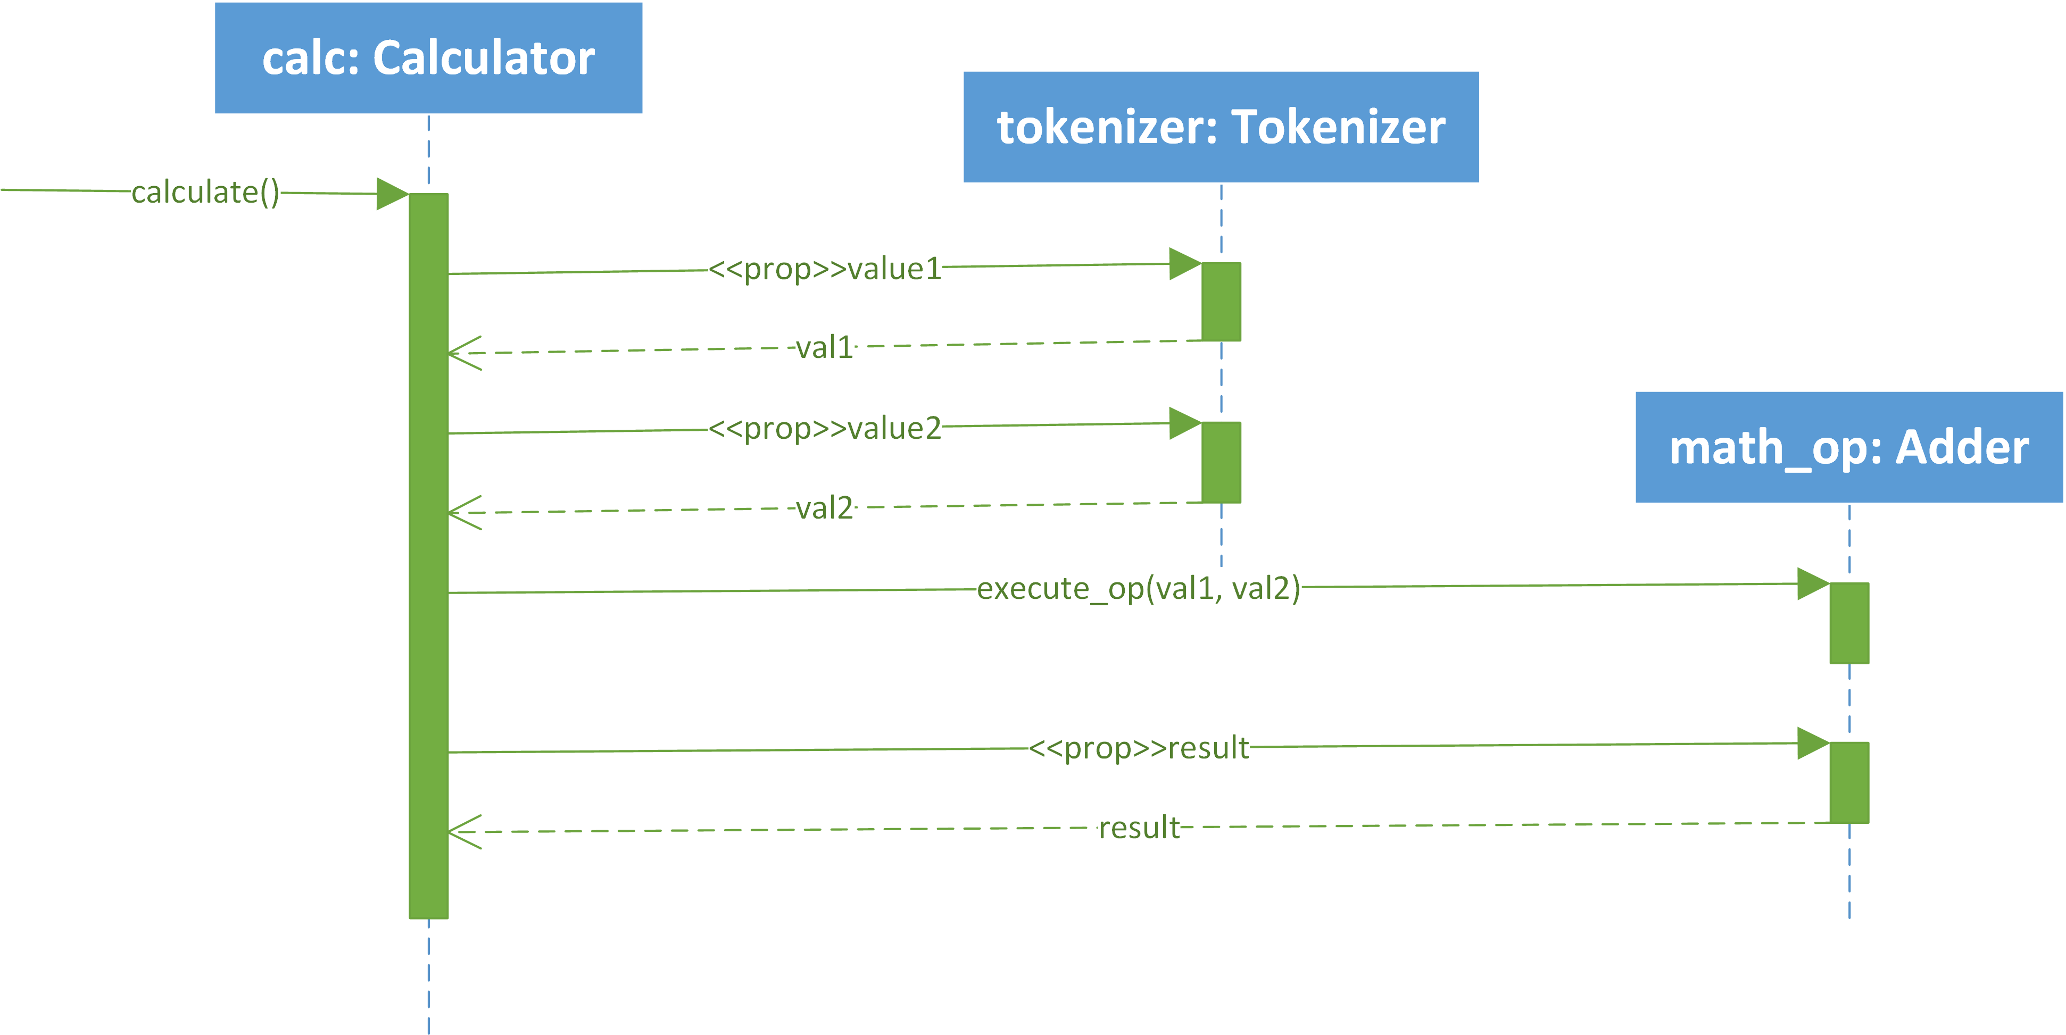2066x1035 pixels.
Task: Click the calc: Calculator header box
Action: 428,58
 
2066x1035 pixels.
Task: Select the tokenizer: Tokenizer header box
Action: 1221,127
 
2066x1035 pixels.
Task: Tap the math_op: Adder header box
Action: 1849,447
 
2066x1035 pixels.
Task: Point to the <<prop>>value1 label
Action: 825,269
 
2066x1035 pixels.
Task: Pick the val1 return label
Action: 824,347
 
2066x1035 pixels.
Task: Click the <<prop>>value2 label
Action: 825,428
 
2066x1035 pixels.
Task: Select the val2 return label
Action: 824,507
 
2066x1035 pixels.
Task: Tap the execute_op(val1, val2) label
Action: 1139,588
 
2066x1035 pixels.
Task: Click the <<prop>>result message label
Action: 1139,748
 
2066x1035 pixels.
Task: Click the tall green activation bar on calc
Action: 428,556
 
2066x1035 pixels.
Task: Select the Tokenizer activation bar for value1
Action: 1221,302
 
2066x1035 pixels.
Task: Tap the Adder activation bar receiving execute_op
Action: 1849,623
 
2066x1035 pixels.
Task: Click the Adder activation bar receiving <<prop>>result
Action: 1849,782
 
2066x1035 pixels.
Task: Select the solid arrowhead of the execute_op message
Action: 1813,583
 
